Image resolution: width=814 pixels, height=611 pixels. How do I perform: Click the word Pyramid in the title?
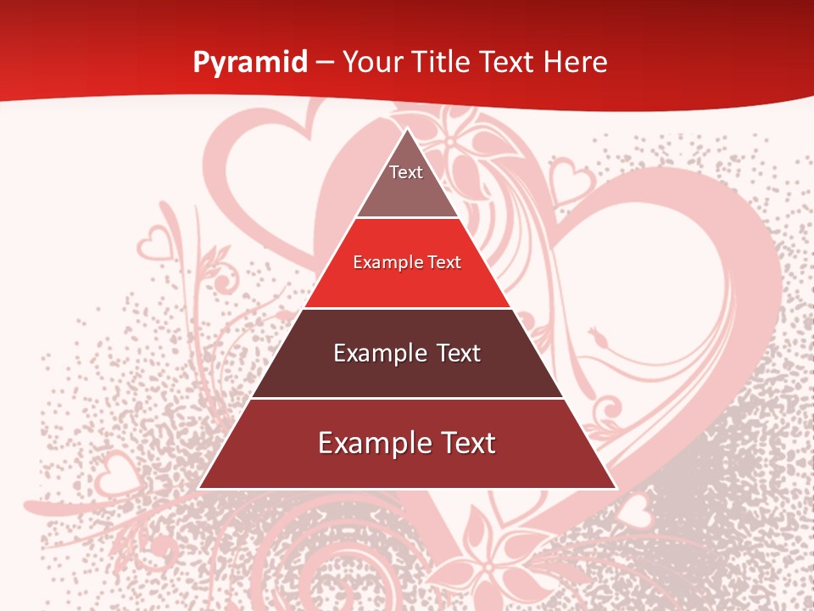coord(250,63)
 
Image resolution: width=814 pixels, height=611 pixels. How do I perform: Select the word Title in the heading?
coord(446,62)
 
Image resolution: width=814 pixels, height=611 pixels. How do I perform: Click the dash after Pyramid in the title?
coord(325,63)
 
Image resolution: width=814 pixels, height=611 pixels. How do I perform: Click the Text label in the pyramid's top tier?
coord(406,172)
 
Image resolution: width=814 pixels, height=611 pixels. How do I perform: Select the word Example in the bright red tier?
coord(387,262)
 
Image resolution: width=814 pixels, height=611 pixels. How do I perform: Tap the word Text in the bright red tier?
coord(443,262)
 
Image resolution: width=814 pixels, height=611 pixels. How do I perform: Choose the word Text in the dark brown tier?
coord(458,353)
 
